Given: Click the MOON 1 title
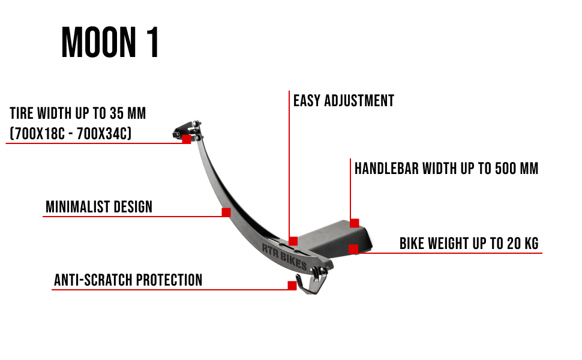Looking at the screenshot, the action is [110, 43].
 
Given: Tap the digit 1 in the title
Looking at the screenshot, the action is [153, 43].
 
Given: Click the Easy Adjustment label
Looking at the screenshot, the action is [344, 101].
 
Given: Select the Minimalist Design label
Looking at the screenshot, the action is [99, 207].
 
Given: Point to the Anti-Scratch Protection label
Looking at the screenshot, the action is [128, 280].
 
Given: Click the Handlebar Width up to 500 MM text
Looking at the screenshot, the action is [446, 169].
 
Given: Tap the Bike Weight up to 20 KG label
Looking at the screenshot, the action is [469, 244].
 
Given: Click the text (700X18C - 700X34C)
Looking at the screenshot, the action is [71, 134].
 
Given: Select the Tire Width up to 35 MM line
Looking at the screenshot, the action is [77, 113].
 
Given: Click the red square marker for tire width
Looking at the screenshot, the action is [187, 139].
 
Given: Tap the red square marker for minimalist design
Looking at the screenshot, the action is [226, 212].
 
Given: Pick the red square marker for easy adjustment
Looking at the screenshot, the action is [293, 241].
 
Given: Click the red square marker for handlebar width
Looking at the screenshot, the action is [355, 223].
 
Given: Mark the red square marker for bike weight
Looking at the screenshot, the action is [353, 249].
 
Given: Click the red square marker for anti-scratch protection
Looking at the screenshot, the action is [292, 286].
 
